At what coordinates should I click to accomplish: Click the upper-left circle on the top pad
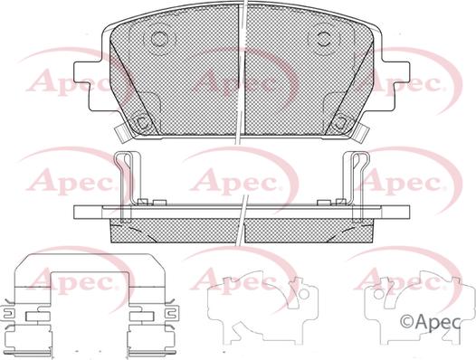coord(159,39)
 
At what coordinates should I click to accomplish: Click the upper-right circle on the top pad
coord(324,39)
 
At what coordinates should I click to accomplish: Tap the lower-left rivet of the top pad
coord(141,124)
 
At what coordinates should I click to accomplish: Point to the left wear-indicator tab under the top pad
coord(123,134)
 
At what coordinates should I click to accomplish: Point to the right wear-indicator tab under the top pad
coord(361,134)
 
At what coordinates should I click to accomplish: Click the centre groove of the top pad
coord(241,71)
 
